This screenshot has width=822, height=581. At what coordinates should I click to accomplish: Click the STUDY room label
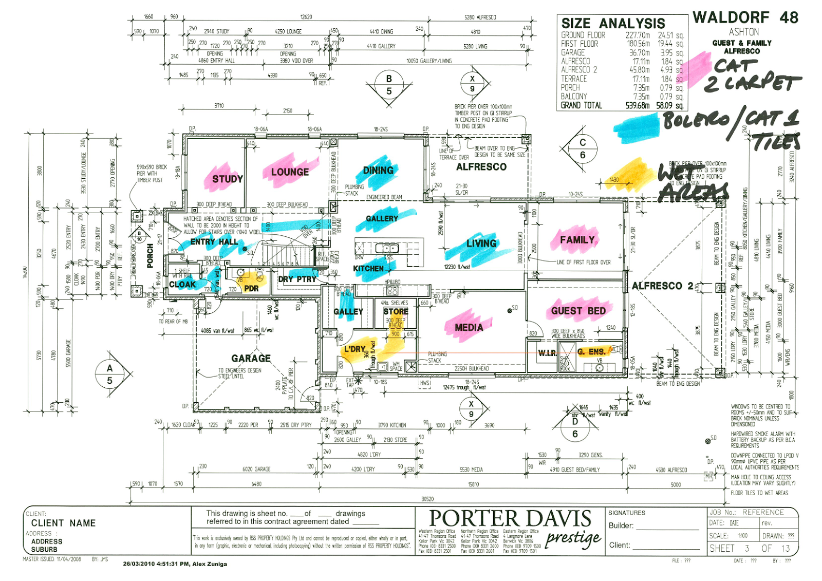pos(227,179)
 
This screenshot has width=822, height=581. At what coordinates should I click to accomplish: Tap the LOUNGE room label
pos(290,172)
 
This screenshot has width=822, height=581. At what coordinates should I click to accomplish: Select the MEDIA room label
pos(469,327)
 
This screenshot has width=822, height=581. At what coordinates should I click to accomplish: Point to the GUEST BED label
pos(578,311)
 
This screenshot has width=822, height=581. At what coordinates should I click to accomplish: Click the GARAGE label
pos(251,358)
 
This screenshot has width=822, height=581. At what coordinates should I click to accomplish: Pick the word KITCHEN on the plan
pos(368,268)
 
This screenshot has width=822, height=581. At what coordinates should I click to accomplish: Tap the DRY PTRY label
pos(297,279)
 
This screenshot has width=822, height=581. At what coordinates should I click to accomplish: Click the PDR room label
pos(251,288)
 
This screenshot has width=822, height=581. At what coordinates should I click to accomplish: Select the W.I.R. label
pos(548,352)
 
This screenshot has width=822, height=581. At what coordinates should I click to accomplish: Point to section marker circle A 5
pos(109,374)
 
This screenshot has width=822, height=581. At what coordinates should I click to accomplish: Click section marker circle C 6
pos(582,148)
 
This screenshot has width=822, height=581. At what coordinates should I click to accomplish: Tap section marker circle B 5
pos(389,85)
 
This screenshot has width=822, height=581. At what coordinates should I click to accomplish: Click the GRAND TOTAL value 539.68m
pos(637,105)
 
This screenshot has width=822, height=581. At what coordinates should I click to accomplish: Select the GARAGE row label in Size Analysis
pos(573,52)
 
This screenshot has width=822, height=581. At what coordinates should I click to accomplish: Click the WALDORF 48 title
pos(745,17)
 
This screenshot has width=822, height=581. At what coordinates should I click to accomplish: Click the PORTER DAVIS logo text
pos(510,518)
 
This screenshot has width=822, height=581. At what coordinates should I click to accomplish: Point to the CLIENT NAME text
pos(63,523)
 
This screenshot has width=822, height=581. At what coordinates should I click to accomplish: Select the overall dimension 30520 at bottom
pos(427,498)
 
